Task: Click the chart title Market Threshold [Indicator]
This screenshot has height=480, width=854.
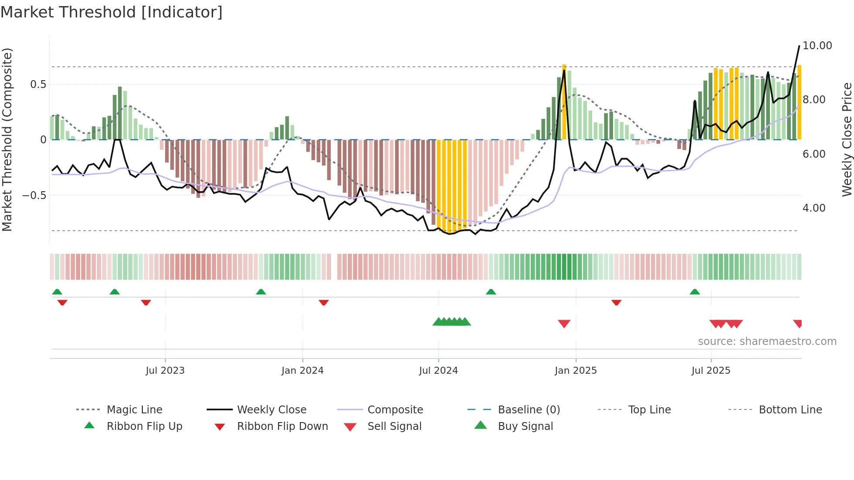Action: (112, 12)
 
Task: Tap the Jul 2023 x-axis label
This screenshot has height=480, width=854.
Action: (165, 371)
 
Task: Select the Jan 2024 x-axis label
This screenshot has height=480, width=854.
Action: (302, 371)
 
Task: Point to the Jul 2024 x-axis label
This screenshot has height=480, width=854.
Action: (438, 371)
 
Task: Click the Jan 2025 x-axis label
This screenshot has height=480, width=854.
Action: (576, 371)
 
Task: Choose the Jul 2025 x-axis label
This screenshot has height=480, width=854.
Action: (711, 371)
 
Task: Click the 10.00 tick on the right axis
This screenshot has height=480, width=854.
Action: (817, 46)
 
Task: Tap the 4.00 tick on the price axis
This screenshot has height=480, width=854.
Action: (813, 208)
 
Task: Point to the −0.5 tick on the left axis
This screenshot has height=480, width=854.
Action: (34, 196)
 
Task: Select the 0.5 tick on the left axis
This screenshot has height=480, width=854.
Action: (38, 85)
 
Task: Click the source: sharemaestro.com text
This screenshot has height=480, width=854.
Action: (767, 341)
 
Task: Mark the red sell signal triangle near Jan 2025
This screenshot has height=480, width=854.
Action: (564, 324)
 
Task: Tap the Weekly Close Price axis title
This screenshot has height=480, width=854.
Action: (847, 139)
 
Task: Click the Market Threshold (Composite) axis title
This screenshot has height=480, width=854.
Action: (7, 139)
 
